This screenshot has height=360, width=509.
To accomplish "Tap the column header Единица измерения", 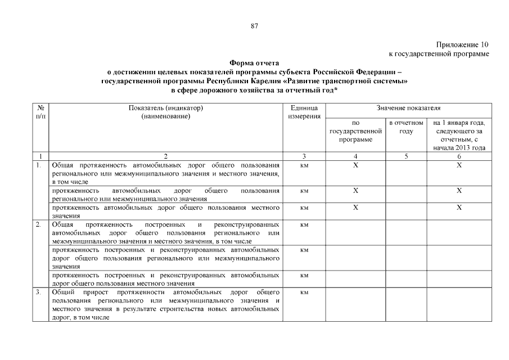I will [x=304, y=111].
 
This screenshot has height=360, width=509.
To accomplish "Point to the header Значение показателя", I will [x=408, y=107].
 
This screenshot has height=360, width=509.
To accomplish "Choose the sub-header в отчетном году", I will [x=406, y=127].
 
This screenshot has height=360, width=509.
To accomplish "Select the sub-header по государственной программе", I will [x=355, y=130].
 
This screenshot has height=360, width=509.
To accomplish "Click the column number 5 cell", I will [x=406, y=156].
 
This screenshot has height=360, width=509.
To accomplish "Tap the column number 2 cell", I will [x=165, y=156].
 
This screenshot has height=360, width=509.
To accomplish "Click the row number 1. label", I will [x=38, y=165].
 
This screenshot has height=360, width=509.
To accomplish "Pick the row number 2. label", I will [x=38, y=224].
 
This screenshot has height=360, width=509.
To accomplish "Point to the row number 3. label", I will [x=38, y=292].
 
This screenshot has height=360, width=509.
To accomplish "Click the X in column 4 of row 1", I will [x=355, y=165].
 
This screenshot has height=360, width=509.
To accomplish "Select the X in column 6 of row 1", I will [x=460, y=165].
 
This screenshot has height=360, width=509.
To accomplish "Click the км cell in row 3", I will [x=304, y=292].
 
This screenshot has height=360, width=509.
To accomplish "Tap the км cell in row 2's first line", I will [x=304, y=224].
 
